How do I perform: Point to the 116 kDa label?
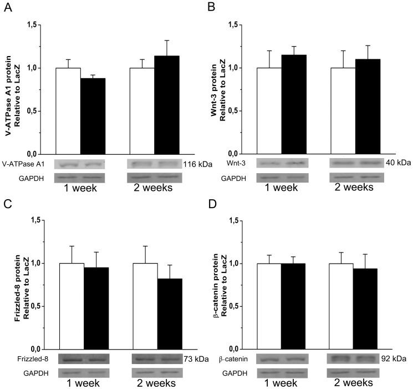195,164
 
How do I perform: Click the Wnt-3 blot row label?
236,164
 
